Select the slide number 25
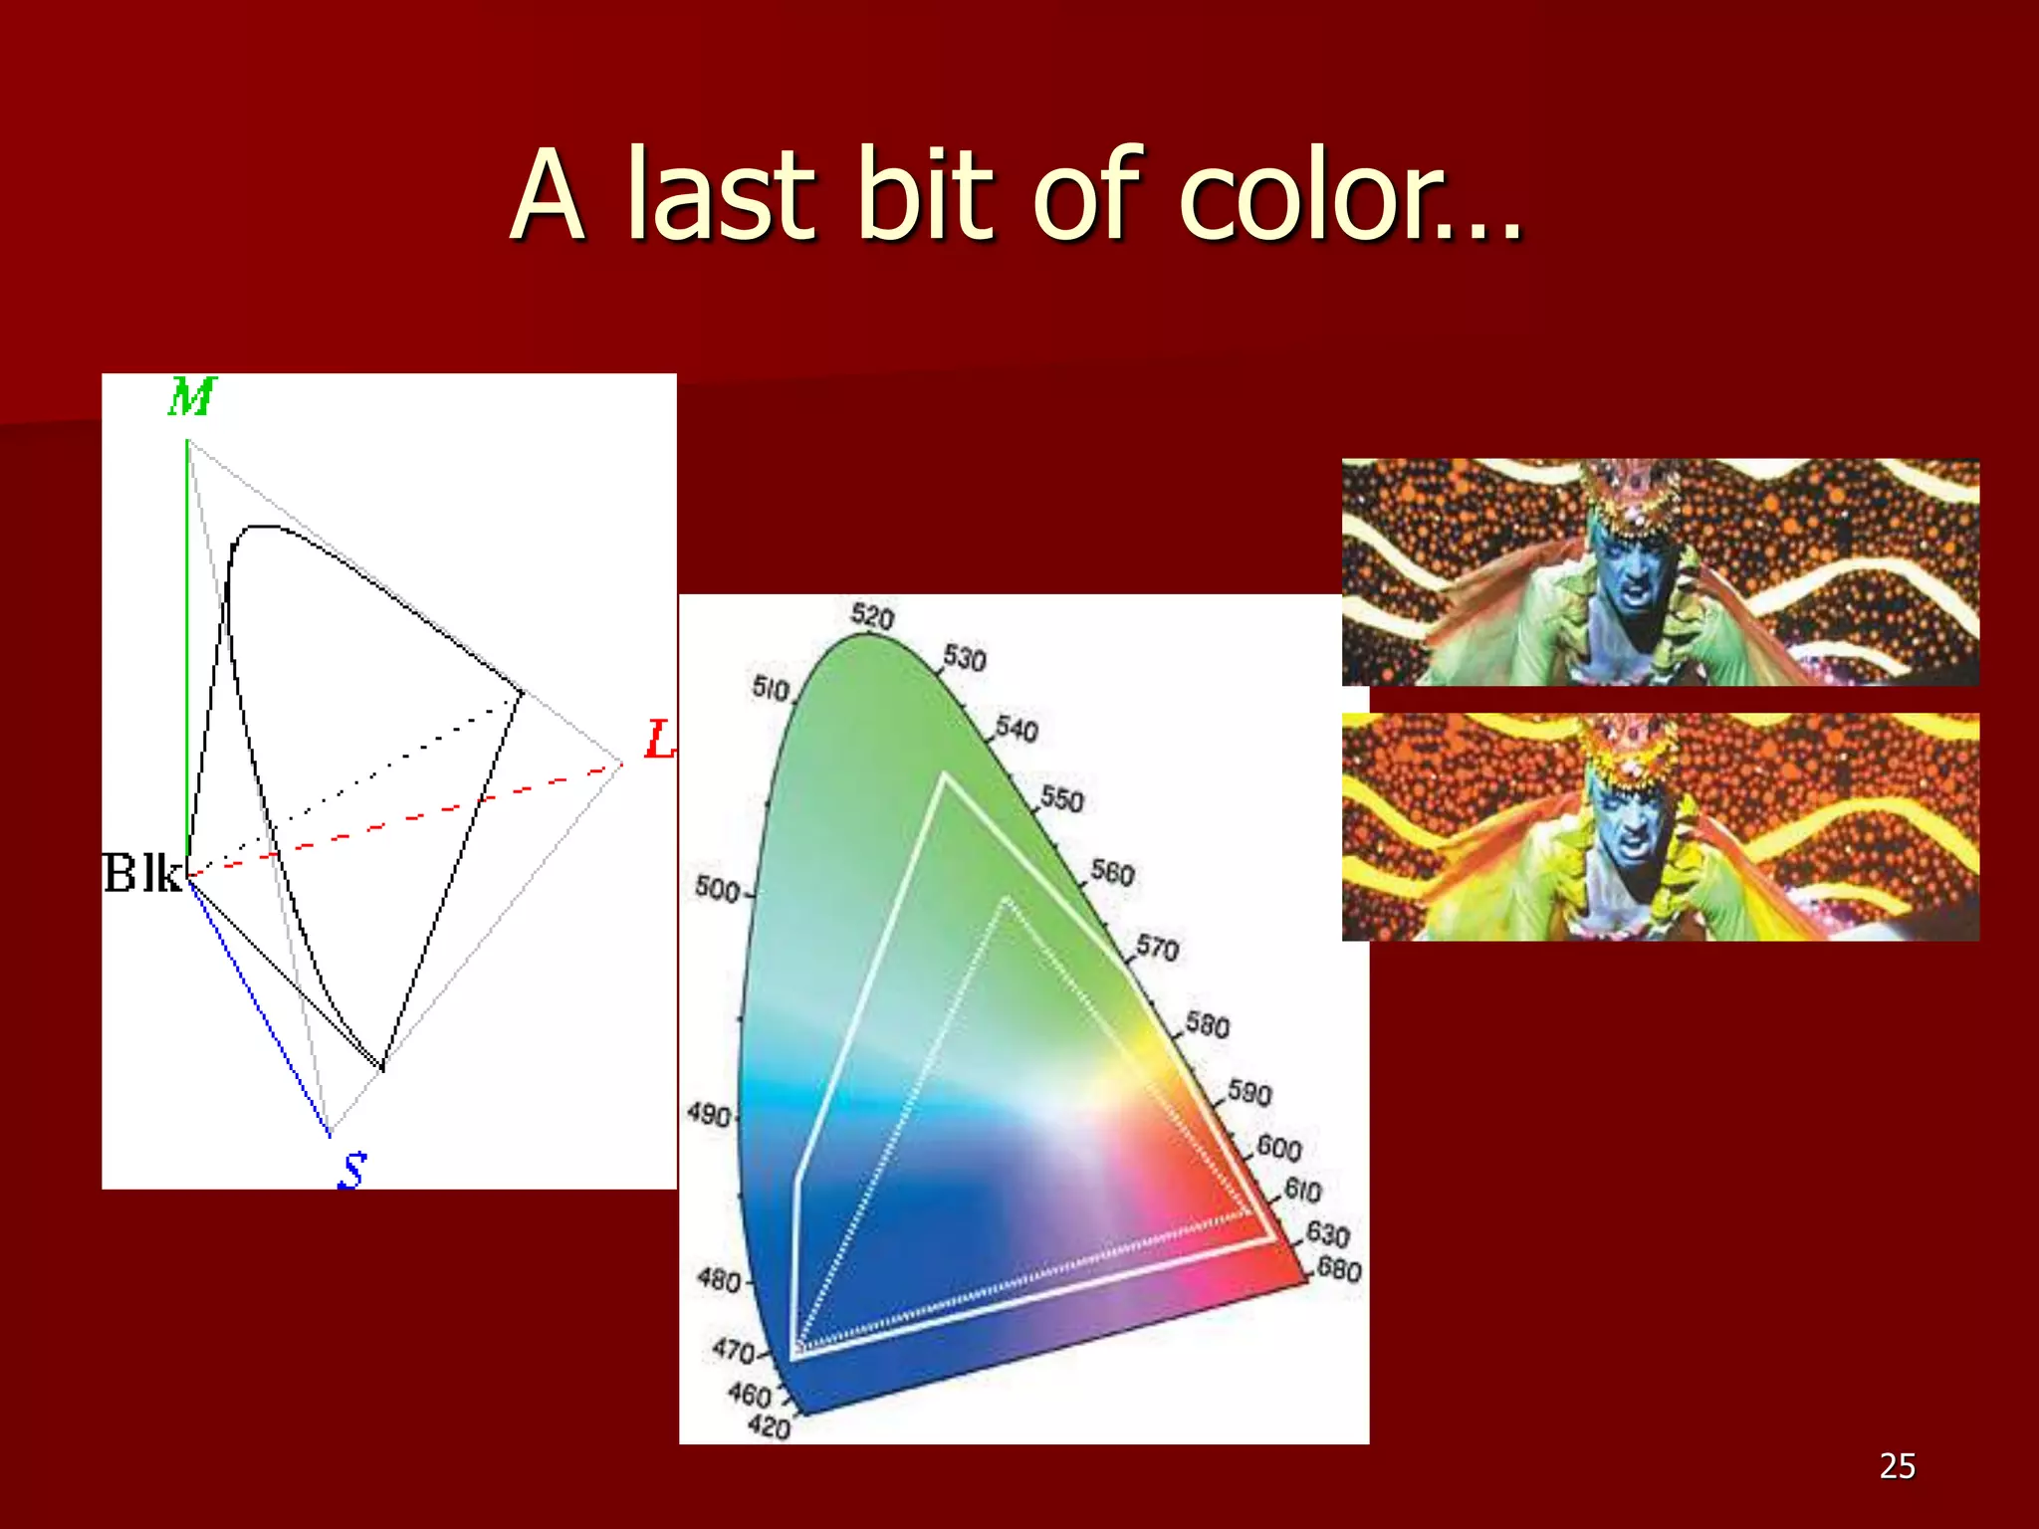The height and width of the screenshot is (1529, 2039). [1897, 1466]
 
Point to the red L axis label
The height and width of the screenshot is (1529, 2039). [659, 740]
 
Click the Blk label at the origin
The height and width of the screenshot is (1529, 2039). [143, 874]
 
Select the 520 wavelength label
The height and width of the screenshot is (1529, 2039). [872, 616]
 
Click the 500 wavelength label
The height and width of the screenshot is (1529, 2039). [717, 888]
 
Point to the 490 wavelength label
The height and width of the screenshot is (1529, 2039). [709, 1114]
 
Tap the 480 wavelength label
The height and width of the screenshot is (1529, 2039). [719, 1279]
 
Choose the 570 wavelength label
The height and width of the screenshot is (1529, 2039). [1157, 947]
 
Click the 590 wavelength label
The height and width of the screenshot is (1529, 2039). [1249, 1093]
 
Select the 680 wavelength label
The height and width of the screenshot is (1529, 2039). [1339, 1269]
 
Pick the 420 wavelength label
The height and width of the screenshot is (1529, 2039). [769, 1426]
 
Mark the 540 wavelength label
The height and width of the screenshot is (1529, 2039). [1017, 729]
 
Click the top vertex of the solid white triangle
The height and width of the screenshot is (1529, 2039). [944, 776]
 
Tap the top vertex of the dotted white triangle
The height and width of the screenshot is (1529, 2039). [1007, 900]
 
